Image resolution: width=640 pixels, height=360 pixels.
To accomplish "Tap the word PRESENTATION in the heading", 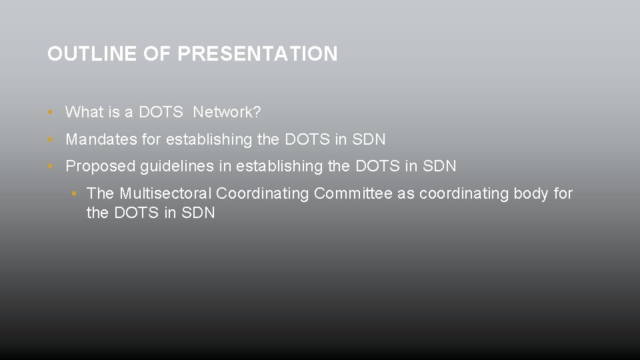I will pos(257,54).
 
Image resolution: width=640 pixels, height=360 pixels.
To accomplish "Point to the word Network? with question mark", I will pos(227,112).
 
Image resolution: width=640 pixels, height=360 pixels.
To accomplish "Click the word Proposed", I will pos(100,166).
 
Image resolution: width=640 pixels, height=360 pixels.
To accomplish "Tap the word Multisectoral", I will pos(166,193).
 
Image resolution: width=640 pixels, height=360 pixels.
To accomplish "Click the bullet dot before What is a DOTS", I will pos(51,112).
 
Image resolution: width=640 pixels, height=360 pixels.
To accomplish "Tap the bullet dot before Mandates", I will pos(51,139).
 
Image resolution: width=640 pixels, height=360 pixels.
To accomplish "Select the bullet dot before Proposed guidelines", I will pos(51,166).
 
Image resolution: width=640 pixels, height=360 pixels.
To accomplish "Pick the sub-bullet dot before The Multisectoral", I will pos(73,193).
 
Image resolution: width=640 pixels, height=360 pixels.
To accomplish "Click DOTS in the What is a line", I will pos(161,112).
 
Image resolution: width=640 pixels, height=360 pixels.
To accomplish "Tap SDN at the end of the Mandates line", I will pos(369,139).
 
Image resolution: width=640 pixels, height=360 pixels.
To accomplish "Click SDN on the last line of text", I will pos(199,213).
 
